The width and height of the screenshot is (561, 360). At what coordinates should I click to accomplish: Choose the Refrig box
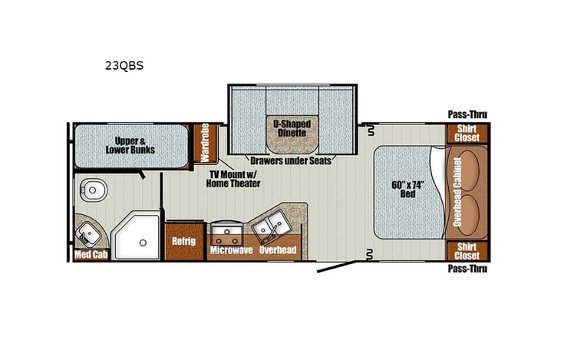tap(184, 241)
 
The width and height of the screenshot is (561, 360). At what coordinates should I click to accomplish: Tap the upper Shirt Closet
tap(467, 132)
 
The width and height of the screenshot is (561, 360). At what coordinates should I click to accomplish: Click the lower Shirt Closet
tap(467, 251)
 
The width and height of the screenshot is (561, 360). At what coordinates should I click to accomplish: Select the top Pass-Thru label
tap(467, 115)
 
